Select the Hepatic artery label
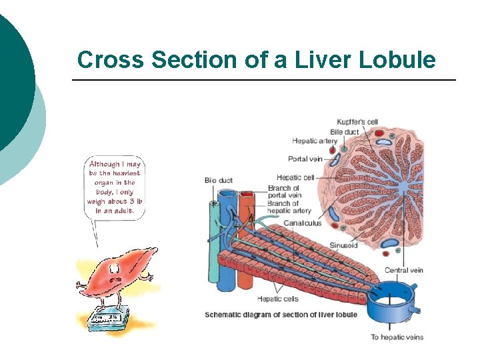pyautogui.click(x=315, y=141)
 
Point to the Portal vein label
pyautogui.click(x=306, y=159)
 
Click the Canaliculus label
pyautogui.click(x=302, y=223)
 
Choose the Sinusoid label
pyautogui.click(x=343, y=245)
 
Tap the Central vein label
pyautogui.click(x=404, y=270)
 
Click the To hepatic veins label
pyautogui.click(x=397, y=337)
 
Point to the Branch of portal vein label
pyautogui.click(x=284, y=192)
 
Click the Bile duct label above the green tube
pyautogui.click(x=218, y=181)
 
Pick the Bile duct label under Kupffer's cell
pyautogui.click(x=345, y=131)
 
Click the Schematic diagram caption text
pyautogui.click(x=281, y=315)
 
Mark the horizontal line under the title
pyautogui.click(x=263, y=81)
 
